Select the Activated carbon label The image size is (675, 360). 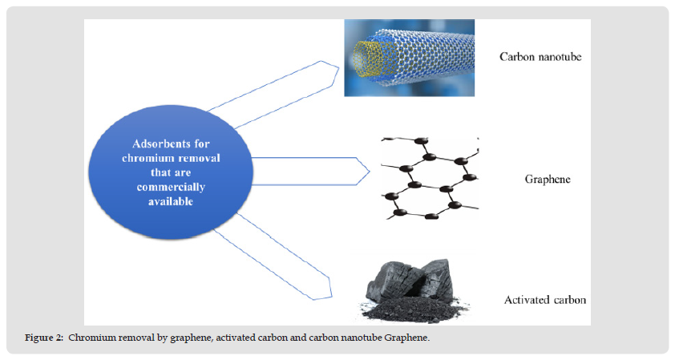(545, 301)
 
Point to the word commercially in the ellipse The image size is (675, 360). (170, 187)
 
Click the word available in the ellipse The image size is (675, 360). (170, 201)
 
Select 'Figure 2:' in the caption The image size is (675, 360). (46, 338)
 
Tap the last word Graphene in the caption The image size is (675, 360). (409, 338)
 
